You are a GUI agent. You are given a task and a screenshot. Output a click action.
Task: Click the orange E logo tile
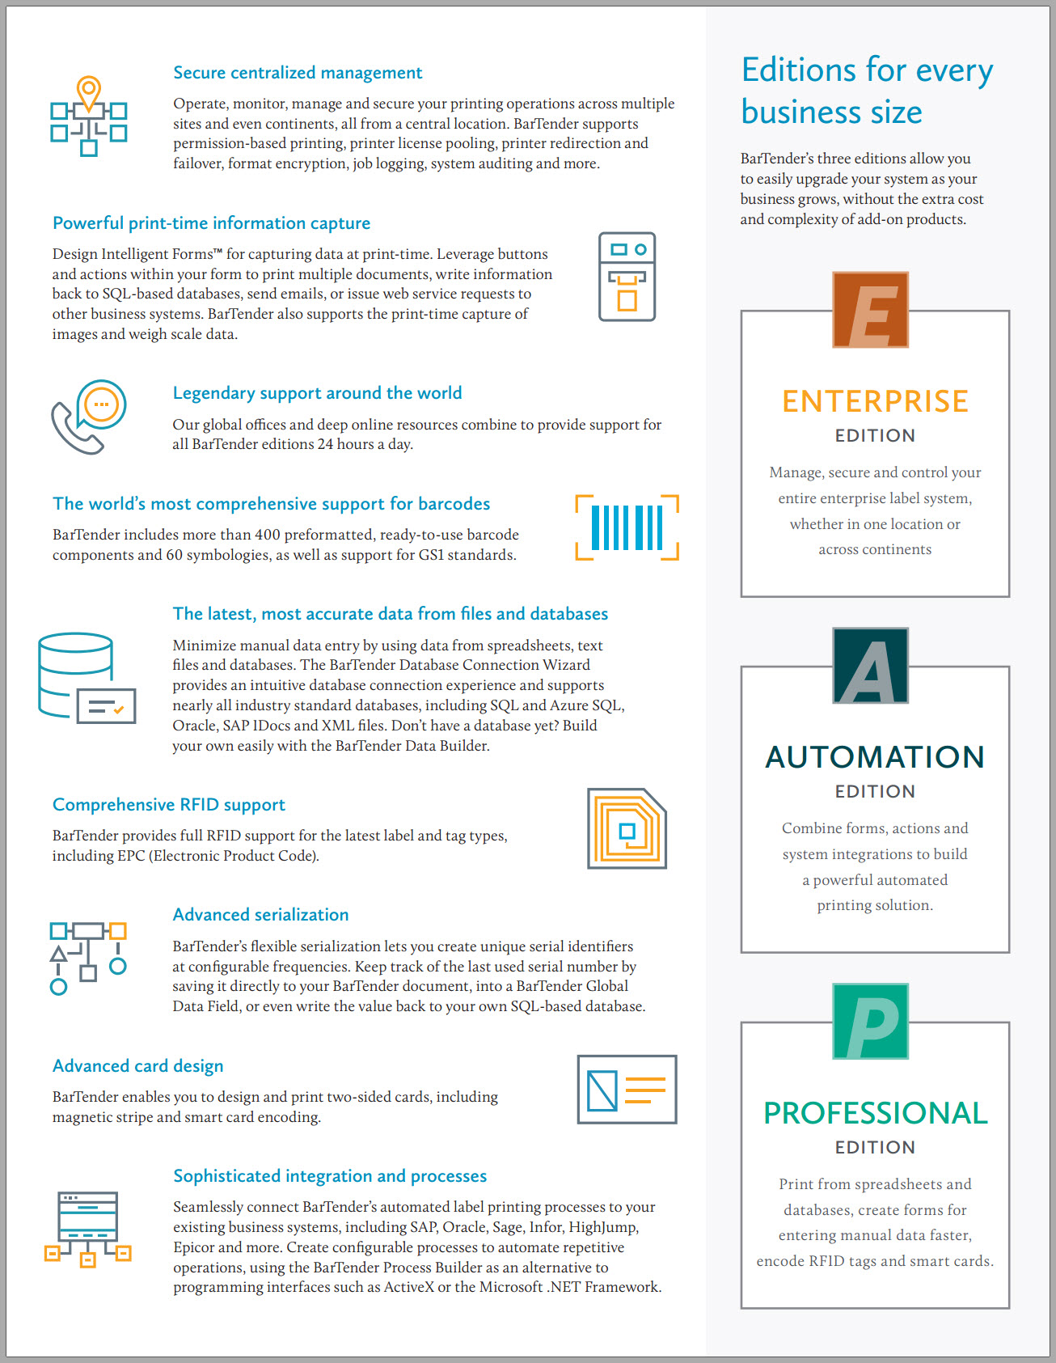[x=870, y=310]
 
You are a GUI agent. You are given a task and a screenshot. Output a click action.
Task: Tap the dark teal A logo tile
[x=870, y=666]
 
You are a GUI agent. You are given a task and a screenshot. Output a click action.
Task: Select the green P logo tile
[x=870, y=1021]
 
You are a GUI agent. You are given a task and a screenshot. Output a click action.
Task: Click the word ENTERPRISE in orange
[x=875, y=401]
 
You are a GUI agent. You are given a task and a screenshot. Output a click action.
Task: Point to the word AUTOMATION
[x=875, y=757]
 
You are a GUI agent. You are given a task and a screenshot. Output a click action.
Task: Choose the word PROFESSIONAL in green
[x=875, y=1113]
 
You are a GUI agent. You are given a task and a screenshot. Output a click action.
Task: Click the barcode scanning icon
[x=627, y=527]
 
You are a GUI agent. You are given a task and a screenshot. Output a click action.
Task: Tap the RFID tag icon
[x=627, y=829]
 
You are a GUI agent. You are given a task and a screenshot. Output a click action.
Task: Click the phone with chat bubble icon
[x=89, y=417]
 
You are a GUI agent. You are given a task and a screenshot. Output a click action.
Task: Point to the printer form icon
[x=627, y=277]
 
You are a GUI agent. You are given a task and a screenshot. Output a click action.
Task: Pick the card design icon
[x=627, y=1090]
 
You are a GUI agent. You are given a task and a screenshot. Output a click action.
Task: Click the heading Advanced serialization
[x=260, y=915]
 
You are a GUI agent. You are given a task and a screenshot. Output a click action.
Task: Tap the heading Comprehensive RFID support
[x=169, y=805]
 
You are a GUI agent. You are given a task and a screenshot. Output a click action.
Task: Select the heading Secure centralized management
[x=298, y=73]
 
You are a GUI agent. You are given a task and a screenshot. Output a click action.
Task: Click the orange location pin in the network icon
[x=89, y=91]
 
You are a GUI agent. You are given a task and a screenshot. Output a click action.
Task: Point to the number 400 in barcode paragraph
[x=267, y=535]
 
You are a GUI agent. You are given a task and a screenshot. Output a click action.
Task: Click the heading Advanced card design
[x=138, y=1066]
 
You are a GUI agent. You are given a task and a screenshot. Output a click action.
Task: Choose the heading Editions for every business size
[x=867, y=91]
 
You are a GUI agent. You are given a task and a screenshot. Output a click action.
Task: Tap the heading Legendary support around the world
[x=317, y=393]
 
